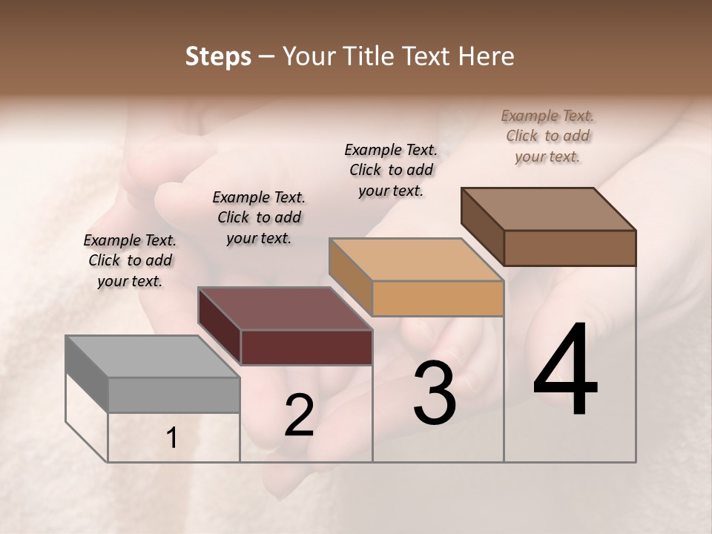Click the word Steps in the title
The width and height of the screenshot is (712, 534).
pyautogui.click(x=218, y=56)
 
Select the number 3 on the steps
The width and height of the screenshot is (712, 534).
pyautogui.click(x=435, y=393)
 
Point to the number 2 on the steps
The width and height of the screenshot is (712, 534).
pyautogui.click(x=300, y=415)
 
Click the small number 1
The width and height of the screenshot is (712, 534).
pyautogui.click(x=172, y=438)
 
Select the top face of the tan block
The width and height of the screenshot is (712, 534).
pyautogui.click(x=415, y=260)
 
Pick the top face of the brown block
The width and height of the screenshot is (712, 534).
pyautogui.click(x=549, y=208)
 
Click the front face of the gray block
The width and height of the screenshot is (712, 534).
pyautogui.click(x=174, y=395)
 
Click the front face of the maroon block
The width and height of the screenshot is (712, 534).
pyautogui.click(x=306, y=347)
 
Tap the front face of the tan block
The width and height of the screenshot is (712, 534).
pyautogui.click(x=438, y=298)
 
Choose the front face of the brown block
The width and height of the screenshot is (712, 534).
pyautogui.click(x=570, y=248)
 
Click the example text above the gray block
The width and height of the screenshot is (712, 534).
pyautogui.click(x=130, y=260)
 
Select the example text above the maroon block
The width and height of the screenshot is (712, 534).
pyautogui.click(x=259, y=217)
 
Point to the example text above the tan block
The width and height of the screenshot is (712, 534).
pyautogui.click(x=391, y=170)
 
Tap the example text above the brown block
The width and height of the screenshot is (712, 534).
pyautogui.click(x=547, y=136)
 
